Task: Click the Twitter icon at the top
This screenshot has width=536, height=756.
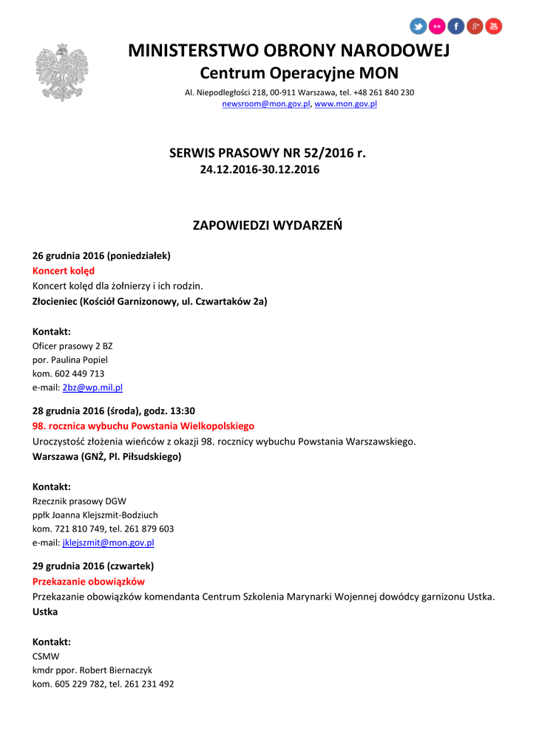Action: (418, 27)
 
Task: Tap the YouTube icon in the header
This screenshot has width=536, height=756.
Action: (494, 27)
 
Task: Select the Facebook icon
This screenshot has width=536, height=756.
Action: (456, 27)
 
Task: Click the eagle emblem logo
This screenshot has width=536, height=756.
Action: (62, 72)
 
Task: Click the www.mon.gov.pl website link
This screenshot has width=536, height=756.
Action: (346, 104)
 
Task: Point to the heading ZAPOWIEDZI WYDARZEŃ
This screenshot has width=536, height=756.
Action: (268, 225)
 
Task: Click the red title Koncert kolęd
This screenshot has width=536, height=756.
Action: (64, 271)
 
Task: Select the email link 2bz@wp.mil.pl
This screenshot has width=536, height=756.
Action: (92, 387)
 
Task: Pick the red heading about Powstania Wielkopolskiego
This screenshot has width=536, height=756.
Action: (143, 426)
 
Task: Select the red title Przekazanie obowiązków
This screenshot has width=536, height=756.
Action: (89, 582)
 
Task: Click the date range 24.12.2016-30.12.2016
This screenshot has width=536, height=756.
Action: (260, 170)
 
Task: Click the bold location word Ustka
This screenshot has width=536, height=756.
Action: (45, 612)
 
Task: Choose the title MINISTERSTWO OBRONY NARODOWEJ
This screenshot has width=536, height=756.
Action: (288, 50)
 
